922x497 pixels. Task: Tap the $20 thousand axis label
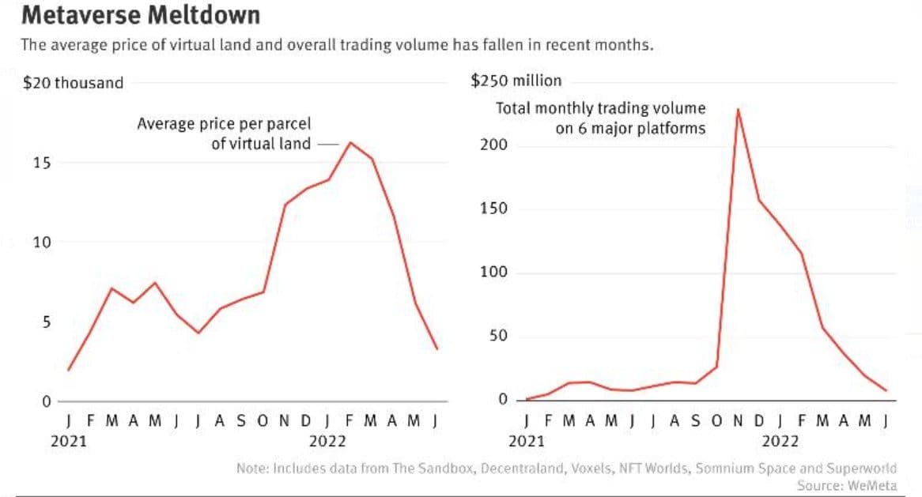[x=74, y=82]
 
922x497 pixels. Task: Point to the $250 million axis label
[x=516, y=81]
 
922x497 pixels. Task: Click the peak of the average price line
[x=350, y=143]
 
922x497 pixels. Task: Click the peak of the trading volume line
[x=738, y=110]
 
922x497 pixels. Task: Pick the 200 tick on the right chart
[x=493, y=145]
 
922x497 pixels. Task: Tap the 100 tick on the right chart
[x=493, y=273]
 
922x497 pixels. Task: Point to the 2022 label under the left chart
[x=327, y=441]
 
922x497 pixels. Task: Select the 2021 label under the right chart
[x=527, y=441]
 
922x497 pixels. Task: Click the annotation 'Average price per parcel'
[x=225, y=124]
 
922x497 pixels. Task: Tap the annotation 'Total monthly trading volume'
[x=601, y=108]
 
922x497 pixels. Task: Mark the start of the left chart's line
[x=69, y=370]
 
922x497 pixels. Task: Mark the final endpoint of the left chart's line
[x=436, y=348]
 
